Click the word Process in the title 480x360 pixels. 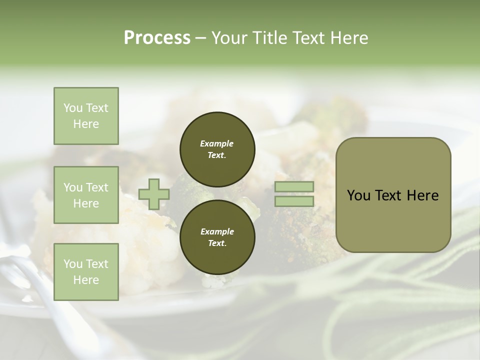[157, 38]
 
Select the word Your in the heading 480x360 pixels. [229, 38]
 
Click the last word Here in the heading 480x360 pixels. [348, 38]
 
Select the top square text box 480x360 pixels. [86, 116]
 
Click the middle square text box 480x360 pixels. [86, 195]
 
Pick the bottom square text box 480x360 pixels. [86, 272]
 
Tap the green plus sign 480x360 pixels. [154, 194]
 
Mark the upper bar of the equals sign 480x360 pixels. [294, 187]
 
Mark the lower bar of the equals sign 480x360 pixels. [294, 201]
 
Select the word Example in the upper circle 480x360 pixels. [217, 143]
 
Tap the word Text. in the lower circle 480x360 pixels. [217, 243]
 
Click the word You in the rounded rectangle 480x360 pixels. [358, 195]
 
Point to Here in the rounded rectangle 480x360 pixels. [423, 195]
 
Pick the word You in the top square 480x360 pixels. [73, 108]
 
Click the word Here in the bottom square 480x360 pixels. [86, 280]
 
